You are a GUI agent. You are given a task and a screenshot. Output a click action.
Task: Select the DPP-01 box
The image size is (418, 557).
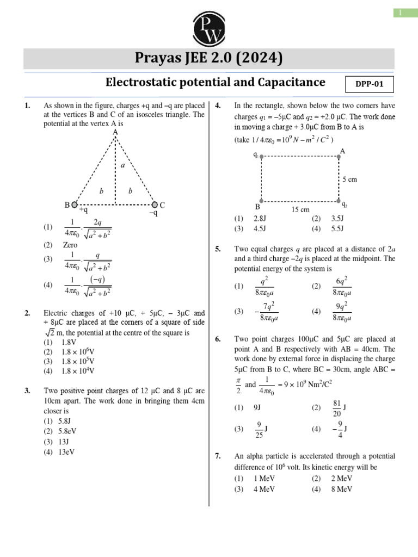click(369, 85)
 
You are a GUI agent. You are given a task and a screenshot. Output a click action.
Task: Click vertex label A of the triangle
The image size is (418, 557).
click(115, 132)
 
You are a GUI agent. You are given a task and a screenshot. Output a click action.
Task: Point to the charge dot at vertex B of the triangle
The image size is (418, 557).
click(75, 205)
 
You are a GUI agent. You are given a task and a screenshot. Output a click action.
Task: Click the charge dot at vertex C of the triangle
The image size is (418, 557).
click(155, 205)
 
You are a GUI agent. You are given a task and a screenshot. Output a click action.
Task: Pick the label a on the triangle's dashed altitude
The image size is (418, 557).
click(122, 165)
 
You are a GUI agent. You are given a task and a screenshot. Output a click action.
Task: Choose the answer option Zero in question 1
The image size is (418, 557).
click(70, 245)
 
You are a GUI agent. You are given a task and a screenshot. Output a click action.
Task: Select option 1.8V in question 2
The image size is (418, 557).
click(69, 342)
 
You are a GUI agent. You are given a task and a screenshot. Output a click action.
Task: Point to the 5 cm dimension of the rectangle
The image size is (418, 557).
click(349, 179)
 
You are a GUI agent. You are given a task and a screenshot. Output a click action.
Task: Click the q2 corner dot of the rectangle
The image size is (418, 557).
click(339, 201)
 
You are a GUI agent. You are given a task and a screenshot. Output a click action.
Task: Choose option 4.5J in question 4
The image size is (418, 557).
click(261, 228)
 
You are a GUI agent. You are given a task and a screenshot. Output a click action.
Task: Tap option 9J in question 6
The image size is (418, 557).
click(258, 407)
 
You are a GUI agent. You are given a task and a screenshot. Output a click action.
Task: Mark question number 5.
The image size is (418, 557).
click(218, 249)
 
